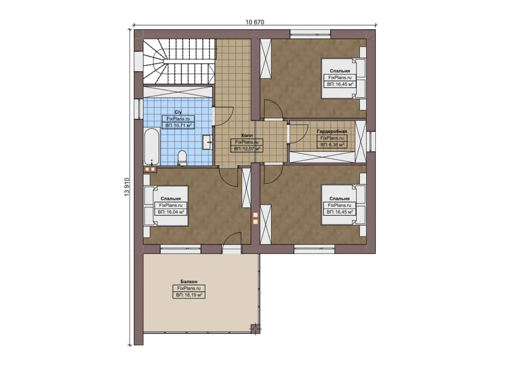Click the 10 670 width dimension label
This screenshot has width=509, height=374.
click(255, 22)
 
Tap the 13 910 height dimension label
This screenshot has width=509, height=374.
click(127, 187)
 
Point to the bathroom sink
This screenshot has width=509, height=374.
click(207, 142)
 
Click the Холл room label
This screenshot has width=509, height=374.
click(247, 135)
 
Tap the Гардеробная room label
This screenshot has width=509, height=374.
click(332, 132)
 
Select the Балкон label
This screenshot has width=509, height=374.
click(189, 282)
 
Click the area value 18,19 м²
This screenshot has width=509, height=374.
click(189, 295)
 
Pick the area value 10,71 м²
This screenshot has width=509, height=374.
click(178, 125)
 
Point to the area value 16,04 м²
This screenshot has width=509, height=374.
click(171, 212)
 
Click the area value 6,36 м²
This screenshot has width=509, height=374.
click(332, 145)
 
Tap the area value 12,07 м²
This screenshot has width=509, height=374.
click(247, 149)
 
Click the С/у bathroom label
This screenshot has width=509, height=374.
click(178, 112)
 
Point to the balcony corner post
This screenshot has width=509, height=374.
click(255, 328)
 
